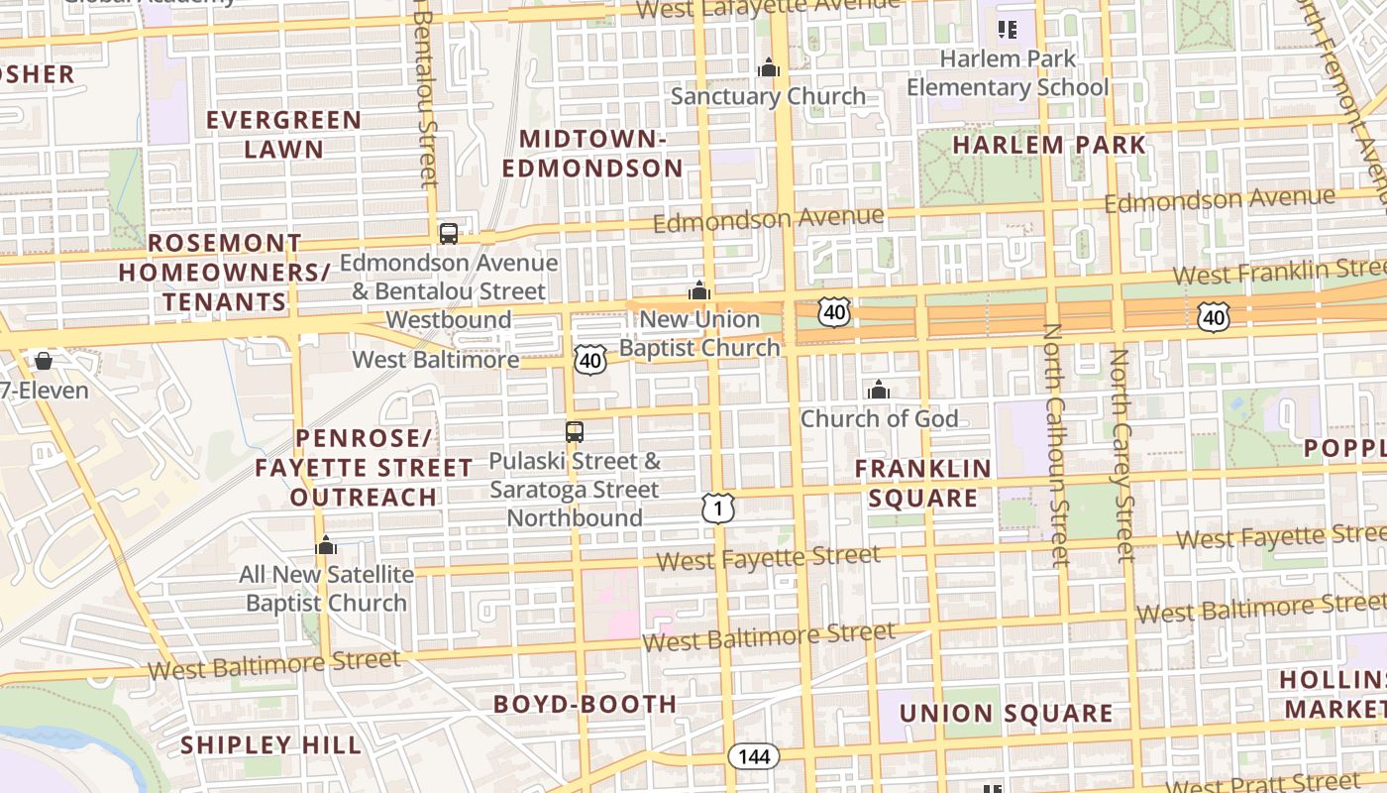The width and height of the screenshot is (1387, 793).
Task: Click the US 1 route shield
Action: (x=719, y=509)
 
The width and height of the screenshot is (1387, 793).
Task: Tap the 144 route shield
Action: (x=754, y=756)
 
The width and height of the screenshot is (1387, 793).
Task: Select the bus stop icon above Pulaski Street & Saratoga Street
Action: (x=575, y=432)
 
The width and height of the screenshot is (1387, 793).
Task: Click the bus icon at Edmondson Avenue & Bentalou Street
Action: (x=449, y=234)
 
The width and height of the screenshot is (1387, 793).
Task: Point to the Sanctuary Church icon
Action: (x=768, y=68)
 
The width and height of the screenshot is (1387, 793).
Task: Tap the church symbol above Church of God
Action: (x=879, y=391)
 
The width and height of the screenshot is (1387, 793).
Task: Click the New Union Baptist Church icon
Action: (x=699, y=291)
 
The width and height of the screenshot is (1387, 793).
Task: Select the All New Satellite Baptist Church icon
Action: (x=326, y=546)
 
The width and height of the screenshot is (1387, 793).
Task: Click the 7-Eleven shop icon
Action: (x=43, y=362)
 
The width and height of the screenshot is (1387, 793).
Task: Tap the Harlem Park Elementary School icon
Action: (x=1008, y=30)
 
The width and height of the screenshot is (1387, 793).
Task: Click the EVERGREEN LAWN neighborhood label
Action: (x=283, y=135)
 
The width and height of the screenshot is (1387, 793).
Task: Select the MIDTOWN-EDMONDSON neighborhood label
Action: (x=592, y=154)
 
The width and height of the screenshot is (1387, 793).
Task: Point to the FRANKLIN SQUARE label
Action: (x=922, y=483)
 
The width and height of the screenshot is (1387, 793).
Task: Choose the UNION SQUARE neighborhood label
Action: (x=1006, y=714)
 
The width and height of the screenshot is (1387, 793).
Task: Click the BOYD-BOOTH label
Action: (x=586, y=705)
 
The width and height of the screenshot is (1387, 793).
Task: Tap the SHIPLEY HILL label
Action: (x=270, y=745)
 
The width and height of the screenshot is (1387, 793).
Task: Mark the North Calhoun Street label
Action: (x=1056, y=444)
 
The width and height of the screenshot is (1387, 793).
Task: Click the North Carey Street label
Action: (x=1121, y=454)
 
